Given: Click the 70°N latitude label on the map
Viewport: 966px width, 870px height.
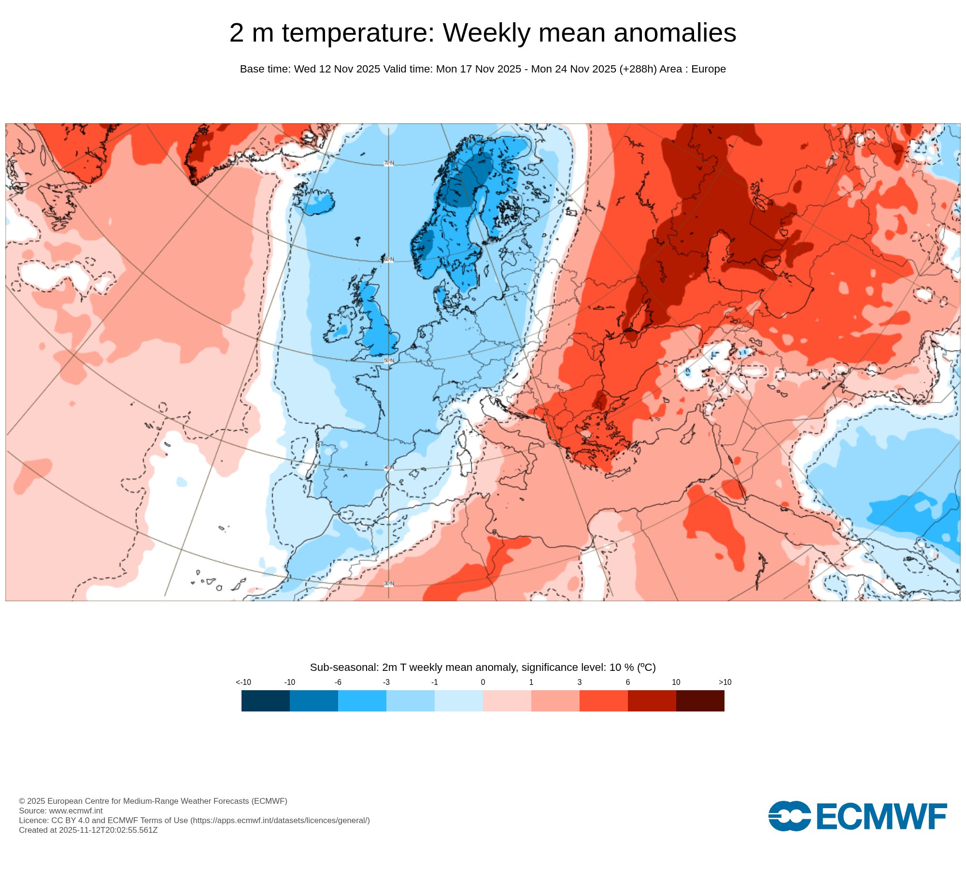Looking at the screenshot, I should tap(389, 163).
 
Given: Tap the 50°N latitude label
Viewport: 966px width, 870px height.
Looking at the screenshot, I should tap(389, 361).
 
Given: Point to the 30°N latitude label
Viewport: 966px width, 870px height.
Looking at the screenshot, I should tap(389, 584).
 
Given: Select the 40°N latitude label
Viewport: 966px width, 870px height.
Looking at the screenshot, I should tap(389, 468).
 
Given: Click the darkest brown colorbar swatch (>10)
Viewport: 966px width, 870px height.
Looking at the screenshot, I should tap(700, 701).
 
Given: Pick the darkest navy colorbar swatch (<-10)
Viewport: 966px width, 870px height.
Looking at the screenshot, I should tap(266, 701).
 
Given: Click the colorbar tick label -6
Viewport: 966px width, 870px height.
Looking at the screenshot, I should tap(338, 682).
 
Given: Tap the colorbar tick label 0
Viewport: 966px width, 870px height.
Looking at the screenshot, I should tap(483, 682).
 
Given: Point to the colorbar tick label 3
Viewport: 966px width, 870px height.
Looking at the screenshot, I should tap(580, 682).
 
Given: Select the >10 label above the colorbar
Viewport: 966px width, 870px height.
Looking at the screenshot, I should tap(725, 682).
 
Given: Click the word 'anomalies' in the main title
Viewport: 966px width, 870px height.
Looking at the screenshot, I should tap(671, 33).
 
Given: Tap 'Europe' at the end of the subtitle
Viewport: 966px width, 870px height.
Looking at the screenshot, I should tap(709, 69).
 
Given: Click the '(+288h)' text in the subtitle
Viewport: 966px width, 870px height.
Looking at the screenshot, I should tap(638, 69).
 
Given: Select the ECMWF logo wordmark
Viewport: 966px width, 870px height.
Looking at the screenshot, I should tap(881, 817).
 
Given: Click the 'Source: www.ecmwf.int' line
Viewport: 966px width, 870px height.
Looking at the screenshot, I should tap(61, 811).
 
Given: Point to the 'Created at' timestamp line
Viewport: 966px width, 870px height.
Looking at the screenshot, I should tap(88, 830).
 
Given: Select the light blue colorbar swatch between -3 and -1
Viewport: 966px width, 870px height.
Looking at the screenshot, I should tap(411, 701).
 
